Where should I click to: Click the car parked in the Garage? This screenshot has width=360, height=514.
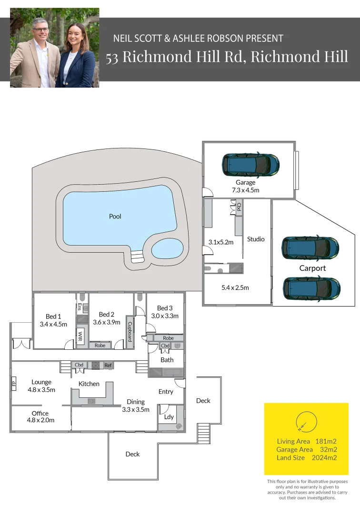(250, 165)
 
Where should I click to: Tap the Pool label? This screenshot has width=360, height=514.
(115, 217)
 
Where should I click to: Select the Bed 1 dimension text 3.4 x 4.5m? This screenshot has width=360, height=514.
(53, 325)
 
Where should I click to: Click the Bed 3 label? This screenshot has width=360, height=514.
(165, 308)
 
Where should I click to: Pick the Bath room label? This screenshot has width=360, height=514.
(167, 360)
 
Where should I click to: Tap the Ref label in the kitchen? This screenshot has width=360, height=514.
(108, 365)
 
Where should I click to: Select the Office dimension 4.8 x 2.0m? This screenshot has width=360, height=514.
(40, 420)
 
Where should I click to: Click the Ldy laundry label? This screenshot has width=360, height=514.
(169, 417)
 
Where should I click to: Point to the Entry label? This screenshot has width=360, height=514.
(166, 392)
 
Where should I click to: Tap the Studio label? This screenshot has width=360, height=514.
(256, 239)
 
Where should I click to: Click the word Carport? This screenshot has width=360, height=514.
(312, 268)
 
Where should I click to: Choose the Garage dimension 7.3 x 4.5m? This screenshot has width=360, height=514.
(245, 190)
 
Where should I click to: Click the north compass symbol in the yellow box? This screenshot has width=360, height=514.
(306, 423)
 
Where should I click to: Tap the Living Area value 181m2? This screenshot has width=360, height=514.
(326, 441)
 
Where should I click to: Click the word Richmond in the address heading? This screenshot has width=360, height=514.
(152, 56)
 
